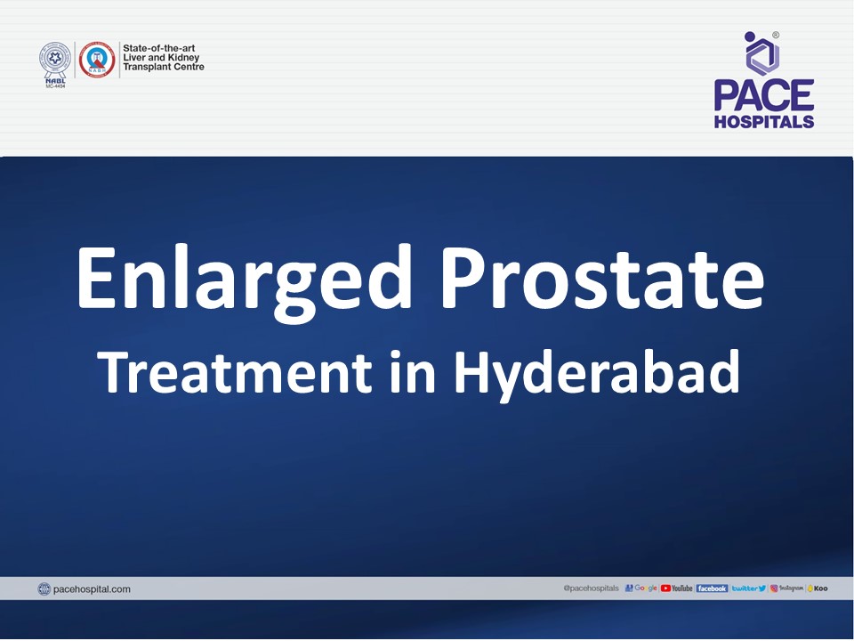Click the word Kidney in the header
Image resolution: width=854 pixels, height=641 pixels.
pos(182,57)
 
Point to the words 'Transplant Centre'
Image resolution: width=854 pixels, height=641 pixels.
pos(164,68)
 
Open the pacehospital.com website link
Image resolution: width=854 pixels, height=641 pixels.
pos(92,588)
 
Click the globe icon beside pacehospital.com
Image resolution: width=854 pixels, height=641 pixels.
pos(44,588)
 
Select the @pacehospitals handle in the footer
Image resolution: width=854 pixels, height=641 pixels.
pos(591,588)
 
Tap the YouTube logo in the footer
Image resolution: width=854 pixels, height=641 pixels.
pos(676,588)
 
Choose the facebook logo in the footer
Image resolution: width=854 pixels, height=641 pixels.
pos(712,588)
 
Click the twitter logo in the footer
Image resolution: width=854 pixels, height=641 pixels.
pos(748,588)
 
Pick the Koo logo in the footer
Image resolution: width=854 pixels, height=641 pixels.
pos(817,588)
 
